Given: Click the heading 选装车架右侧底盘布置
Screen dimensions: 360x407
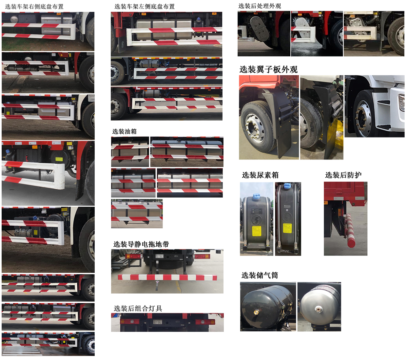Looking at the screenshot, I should pos(34,7).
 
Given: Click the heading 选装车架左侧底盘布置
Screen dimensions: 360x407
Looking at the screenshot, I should pos(145,7).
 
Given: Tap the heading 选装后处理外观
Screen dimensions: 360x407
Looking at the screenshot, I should pos(260,6).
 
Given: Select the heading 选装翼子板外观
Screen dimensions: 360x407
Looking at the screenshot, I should pos(268,69).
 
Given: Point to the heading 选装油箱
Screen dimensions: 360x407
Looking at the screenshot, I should pos(124,131).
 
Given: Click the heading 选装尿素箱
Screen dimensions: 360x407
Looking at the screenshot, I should pos(260,175).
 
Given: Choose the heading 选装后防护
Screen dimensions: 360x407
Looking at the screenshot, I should pos(343,175).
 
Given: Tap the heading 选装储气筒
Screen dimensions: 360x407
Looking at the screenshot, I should pos(260,275).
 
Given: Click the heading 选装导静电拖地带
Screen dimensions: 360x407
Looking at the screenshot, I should pos(141,244).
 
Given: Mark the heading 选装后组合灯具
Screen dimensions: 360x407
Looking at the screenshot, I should pos(138,309).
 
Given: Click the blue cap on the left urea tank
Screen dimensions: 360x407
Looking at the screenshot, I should pos(256,197).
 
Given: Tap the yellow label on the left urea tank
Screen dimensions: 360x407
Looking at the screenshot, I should pos(256,231).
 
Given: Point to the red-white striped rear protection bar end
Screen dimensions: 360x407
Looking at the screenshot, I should pos(351,242).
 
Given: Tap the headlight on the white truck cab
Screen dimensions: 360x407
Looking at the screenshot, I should pos(401,103).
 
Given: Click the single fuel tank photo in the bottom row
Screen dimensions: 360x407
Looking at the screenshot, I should pos(137,213).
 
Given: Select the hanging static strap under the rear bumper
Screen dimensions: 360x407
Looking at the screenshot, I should pos(157,287).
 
